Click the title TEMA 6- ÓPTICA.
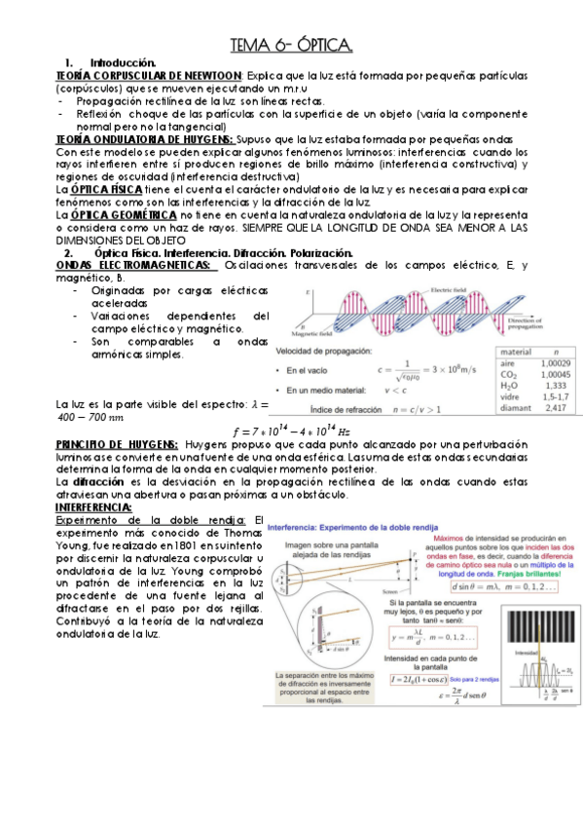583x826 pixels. click(x=291, y=45)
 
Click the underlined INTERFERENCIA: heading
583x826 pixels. click(x=93, y=507)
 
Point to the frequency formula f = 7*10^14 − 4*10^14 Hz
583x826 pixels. click(x=291, y=431)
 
